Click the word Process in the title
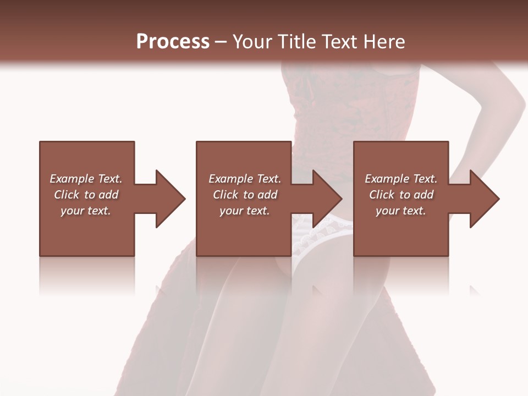point(173,41)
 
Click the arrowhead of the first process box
point(170,199)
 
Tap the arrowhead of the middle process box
point(328,199)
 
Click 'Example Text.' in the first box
point(86,179)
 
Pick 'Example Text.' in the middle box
point(245,179)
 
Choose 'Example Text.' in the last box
point(401,179)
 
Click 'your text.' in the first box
point(86,211)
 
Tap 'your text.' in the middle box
point(245,211)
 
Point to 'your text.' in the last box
point(401,211)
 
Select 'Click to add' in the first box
point(86,195)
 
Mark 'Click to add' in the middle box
point(245,195)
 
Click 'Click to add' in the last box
point(401,195)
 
